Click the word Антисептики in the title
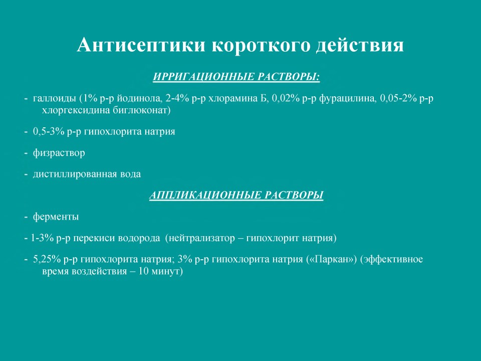coord(141,45)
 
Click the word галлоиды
coord(54,99)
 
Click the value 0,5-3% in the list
coord(49,131)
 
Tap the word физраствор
coord(59,153)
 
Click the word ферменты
coord(56,217)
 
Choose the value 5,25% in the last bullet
coord(47,259)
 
